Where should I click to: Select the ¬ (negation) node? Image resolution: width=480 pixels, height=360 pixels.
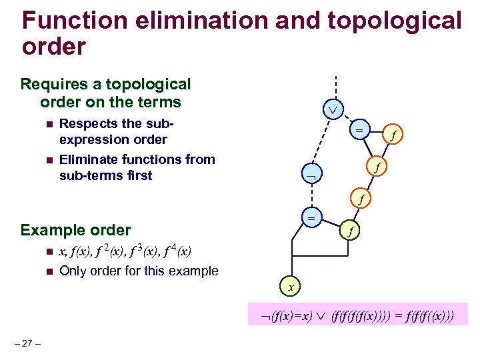(x=311, y=175)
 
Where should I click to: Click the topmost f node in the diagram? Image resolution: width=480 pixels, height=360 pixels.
(x=395, y=135)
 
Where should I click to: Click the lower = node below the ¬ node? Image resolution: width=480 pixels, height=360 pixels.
(x=311, y=218)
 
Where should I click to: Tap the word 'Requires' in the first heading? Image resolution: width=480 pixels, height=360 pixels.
(x=51, y=85)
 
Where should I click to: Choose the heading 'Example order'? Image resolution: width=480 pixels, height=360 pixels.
(x=75, y=230)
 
